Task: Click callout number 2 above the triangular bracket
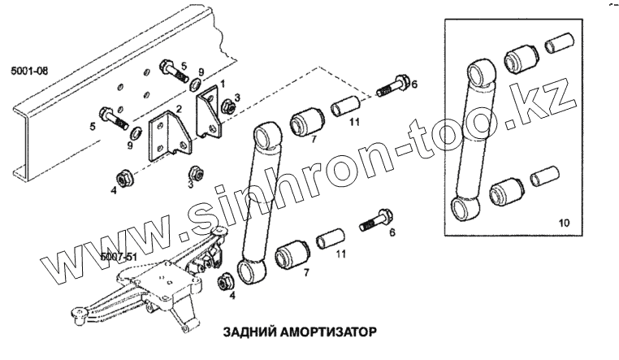[x=177, y=110]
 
